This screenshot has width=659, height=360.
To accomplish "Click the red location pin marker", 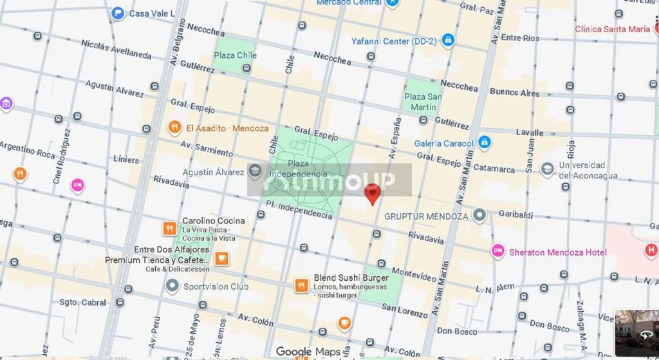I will [x=372, y=193].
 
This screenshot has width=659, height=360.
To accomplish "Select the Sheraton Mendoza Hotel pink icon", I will [x=497, y=251].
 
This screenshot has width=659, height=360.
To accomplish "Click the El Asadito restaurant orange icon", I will [x=174, y=128].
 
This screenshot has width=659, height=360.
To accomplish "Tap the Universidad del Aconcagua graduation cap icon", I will [x=547, y=169].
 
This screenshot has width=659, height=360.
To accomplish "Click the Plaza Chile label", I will [x=235, y=55].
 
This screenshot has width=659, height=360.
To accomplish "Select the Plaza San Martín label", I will [x=423, y=102].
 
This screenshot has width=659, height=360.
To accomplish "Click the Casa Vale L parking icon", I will [x=118, y=13].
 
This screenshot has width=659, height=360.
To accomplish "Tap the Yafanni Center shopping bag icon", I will [x=449, y=41].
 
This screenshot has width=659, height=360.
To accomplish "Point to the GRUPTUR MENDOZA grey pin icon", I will [x=479, y=215].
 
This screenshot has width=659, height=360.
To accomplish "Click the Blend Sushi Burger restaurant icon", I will [x=301, y=285].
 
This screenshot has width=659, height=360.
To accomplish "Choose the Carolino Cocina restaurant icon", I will [x=169, y=228].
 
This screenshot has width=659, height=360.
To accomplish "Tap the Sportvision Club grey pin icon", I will [x=172, y=285].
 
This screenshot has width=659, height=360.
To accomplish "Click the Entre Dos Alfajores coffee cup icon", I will [x=221, y=258].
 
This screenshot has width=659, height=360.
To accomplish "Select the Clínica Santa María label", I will [x=612, y=29].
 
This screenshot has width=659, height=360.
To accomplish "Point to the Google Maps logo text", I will [x=308, y=351].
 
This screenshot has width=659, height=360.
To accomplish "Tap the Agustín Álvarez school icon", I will [x=255, y=171].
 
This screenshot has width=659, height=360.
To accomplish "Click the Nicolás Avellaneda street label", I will [x=116, y=48].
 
